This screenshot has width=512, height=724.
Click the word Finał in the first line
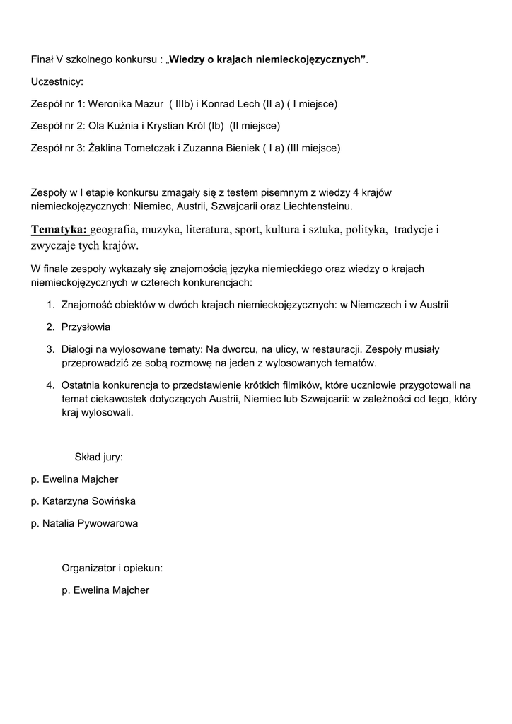(42, 59)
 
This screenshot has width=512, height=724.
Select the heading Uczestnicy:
(57, 82)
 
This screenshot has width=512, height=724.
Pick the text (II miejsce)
(255, 126)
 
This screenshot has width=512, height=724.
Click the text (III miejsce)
(313, 148)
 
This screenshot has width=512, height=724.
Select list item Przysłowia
(86, 327)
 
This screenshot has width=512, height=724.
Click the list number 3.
(50, 349)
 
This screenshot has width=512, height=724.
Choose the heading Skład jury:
(99, 457)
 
